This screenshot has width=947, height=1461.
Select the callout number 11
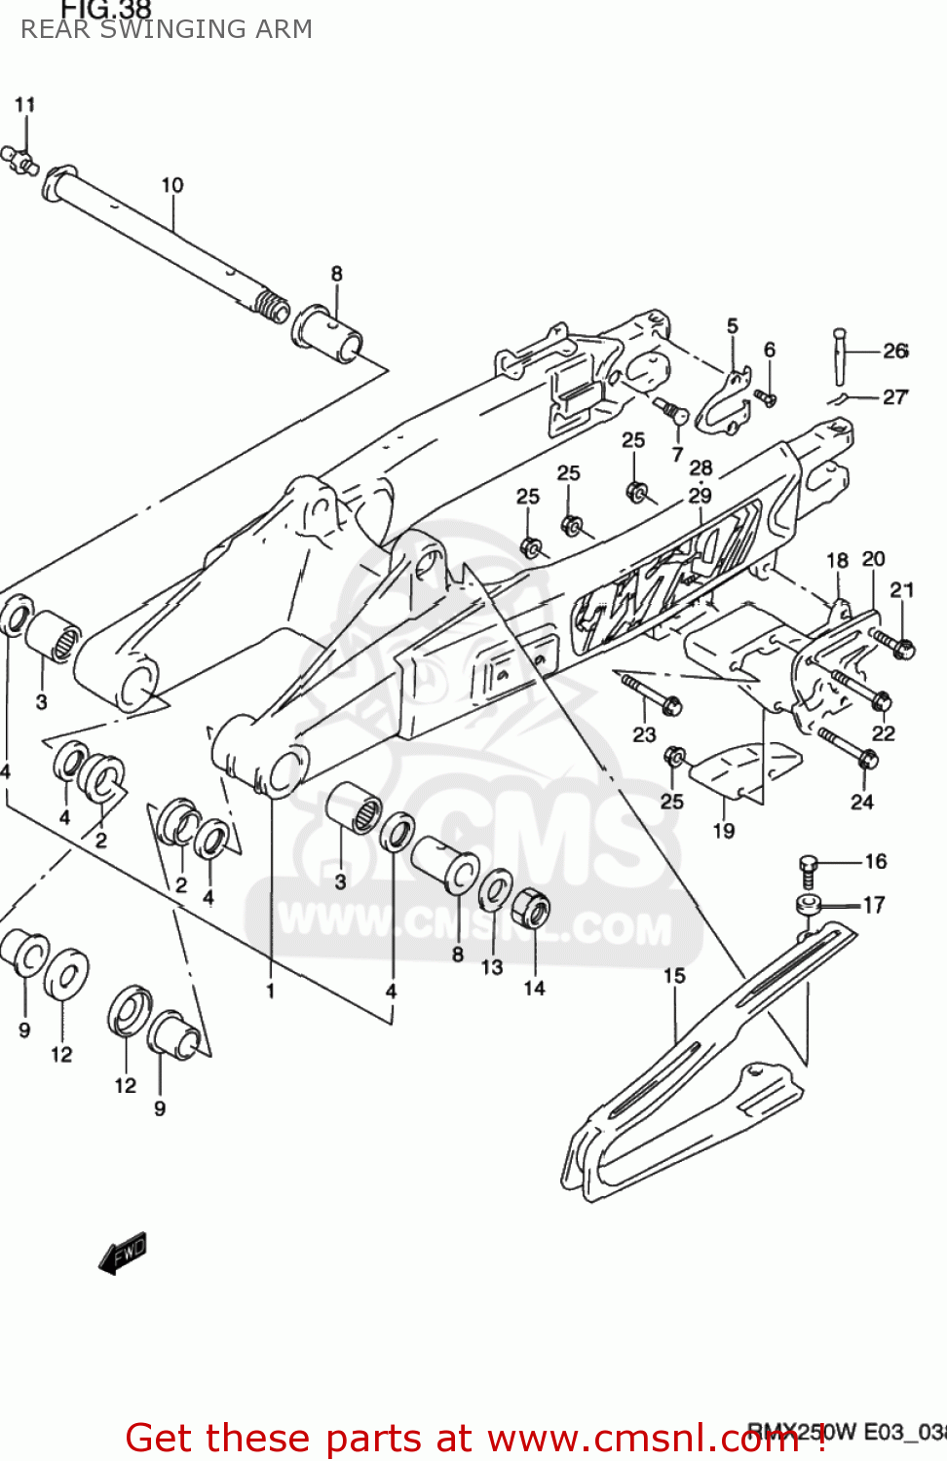click(x=25, y=104)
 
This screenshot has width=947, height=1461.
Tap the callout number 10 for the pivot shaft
click(x=172, y=185)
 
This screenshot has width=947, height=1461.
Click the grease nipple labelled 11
click(x=21, y=160)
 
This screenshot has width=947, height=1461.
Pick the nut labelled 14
click(x=531, y=908)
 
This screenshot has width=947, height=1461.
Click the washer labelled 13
click(x=496, y=888)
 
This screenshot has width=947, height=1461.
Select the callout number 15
click(x=674, y=976)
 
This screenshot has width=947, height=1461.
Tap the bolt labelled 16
click(x=808, y=869)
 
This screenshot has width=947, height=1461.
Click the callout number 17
click(x=874, y=905)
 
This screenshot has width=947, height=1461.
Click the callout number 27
click(x=895, y=396)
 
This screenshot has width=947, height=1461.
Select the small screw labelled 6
click(x=766, y=397)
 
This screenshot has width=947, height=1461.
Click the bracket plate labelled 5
click(x=726, y=400)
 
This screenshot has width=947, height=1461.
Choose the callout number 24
click(x=862, y=802)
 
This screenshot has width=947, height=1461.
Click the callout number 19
click(x=724, y=831)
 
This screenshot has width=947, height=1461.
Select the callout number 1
click(x=270, y=991)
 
